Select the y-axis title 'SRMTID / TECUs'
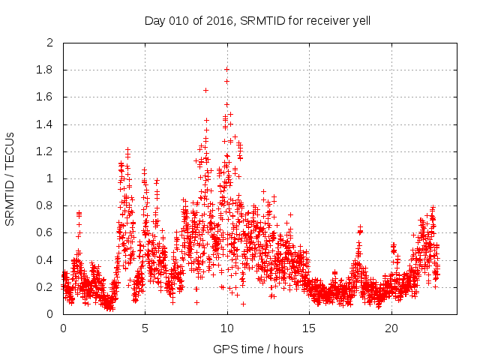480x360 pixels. (10, 178)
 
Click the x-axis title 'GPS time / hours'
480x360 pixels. (258, 349)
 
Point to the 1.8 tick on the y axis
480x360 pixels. (46, 70)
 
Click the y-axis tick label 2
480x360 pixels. (49, 43)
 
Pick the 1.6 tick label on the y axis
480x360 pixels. (46, 97)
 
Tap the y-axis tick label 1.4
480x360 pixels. (46, 124)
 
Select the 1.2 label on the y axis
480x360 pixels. (46, 151)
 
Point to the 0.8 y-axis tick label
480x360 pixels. (46, 205)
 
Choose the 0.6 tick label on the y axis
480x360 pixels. (46, 232)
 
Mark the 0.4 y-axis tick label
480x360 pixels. (46, 260)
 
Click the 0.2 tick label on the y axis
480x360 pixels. (46, 287)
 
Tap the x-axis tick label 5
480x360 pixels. (145, 328)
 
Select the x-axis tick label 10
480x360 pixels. (226, 328)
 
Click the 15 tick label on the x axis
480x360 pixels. (309, 328)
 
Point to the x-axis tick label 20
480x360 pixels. (391, 328)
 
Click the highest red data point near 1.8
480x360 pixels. (226, 69)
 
